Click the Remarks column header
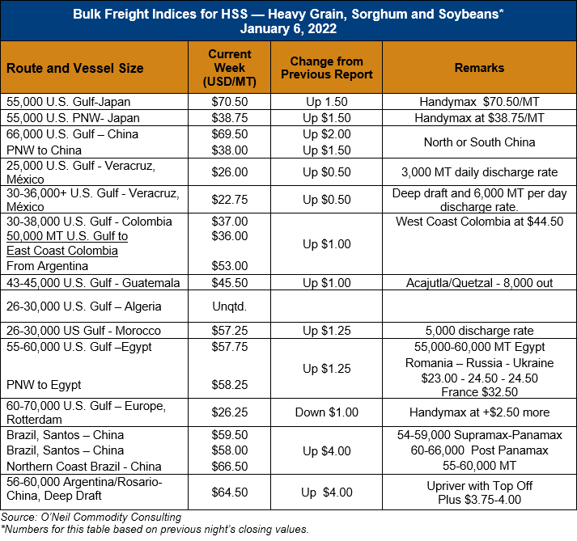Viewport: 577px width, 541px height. point(479,68)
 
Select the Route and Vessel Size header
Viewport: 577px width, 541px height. point(75,68)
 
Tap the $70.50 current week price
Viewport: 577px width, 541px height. point(230,102)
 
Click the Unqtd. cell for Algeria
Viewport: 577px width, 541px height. point(230,306)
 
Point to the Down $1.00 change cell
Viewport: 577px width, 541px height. point(327,412)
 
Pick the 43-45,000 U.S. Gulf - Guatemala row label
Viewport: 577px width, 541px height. point(93,283)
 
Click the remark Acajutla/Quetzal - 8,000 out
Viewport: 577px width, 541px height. point(479,283)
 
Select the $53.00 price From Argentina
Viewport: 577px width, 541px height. point(230,265)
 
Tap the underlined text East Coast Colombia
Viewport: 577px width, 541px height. point(62,251)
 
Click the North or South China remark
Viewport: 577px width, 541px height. point(479,142)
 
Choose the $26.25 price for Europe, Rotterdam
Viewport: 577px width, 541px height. point(230,412)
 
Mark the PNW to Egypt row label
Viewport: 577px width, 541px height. point(44,385)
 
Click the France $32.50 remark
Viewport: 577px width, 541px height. point(479,392)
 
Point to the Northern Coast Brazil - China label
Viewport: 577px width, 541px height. point(84,467)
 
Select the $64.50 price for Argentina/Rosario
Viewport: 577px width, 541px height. point(230,492)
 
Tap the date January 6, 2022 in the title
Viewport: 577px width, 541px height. point(288,28)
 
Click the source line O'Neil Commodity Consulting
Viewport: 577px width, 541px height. point(91,517)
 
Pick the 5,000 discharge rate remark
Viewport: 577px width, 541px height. point(479,331)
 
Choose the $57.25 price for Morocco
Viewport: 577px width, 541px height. point(230,331)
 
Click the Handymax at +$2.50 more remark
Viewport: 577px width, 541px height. point(479,412)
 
